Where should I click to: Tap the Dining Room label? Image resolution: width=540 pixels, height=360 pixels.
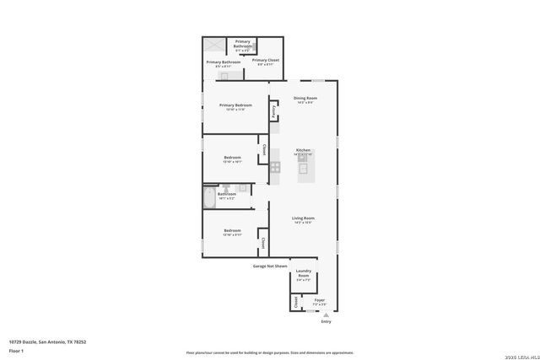[305, 99]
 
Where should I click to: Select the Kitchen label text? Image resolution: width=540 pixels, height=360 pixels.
[303, 150]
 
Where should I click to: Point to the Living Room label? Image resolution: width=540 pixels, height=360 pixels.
[303, 218]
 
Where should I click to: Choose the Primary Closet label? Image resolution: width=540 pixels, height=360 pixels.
[266, 60]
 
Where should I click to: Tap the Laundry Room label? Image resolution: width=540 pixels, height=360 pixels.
[303, 273]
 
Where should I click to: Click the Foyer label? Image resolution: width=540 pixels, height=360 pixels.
[320, 300]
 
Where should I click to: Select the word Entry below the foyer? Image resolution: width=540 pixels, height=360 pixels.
[327, 321]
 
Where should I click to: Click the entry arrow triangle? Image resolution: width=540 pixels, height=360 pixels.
[327, 314]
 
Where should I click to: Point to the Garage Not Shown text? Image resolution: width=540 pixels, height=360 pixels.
[270, 266]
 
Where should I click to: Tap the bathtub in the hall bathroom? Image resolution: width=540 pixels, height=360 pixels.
[209, 197]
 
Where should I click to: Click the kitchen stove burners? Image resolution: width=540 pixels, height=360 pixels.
[275, 167]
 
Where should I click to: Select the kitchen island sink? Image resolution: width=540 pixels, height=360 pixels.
[304, 167]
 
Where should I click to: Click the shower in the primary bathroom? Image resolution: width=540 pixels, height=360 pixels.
[214, 46]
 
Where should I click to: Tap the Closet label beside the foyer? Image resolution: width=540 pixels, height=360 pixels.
[295, 302]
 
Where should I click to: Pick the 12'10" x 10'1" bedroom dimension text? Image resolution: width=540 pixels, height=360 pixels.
[232, 162]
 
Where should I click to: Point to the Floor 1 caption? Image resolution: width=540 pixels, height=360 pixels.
[16, 350]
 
